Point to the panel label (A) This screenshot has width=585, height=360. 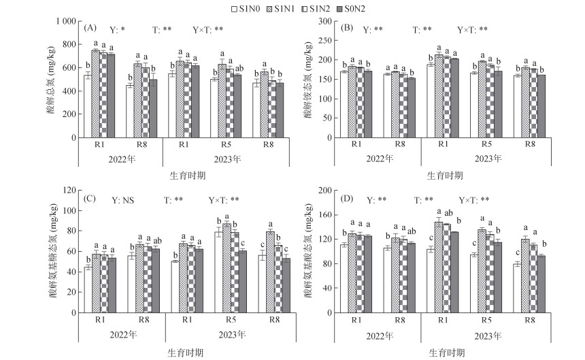click(x=90, y=29)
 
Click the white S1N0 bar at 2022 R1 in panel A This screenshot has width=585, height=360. click(x=87, y=107)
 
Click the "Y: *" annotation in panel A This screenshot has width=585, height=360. click(x=117, y=30)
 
